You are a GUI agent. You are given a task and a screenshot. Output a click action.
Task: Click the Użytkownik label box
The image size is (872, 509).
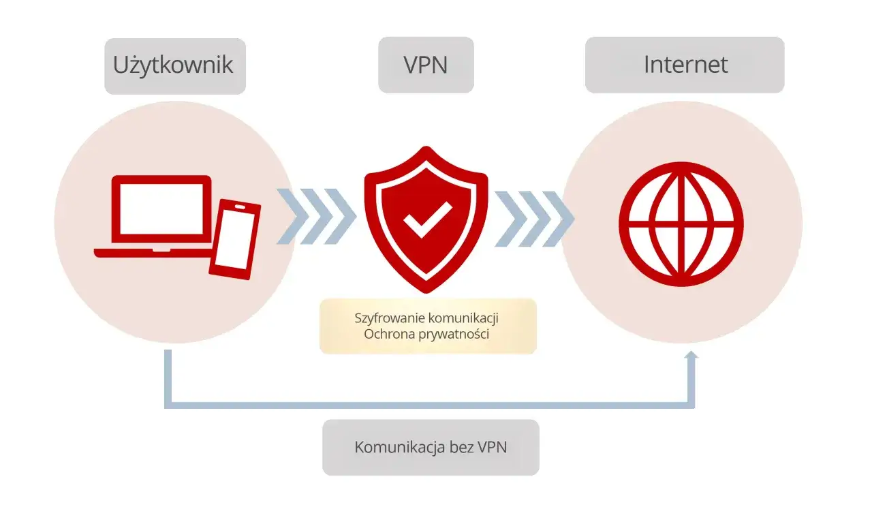174,65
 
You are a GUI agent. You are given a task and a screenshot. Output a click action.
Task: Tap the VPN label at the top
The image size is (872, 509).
426,65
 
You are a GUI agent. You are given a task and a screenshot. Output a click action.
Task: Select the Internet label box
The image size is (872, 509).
685,65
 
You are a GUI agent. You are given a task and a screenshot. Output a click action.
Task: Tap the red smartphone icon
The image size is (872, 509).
235,238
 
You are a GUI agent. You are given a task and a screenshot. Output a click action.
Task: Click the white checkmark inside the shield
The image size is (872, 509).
427,219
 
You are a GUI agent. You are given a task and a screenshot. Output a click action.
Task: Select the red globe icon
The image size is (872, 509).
681,223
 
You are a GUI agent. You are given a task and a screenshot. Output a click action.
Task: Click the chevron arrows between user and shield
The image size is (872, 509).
315,217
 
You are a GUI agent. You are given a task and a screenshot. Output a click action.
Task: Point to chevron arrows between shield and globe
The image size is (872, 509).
533,219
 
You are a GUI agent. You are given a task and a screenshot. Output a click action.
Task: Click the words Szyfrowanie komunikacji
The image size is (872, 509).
428,318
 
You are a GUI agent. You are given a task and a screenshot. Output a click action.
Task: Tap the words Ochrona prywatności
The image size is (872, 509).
427,335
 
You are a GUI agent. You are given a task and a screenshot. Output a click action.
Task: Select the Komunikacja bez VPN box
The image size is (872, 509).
431,447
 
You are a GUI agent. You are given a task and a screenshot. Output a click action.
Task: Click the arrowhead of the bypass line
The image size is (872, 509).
691,356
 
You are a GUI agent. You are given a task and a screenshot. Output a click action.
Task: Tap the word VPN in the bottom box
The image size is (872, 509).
493,447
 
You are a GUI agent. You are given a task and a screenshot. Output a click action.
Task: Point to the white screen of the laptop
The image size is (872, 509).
161,209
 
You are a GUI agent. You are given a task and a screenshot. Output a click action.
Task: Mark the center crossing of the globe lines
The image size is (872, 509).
681,223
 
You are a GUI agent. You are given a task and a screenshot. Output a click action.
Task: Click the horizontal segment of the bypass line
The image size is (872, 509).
429,405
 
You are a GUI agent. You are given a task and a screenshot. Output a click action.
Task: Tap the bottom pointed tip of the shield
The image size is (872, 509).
427,292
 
